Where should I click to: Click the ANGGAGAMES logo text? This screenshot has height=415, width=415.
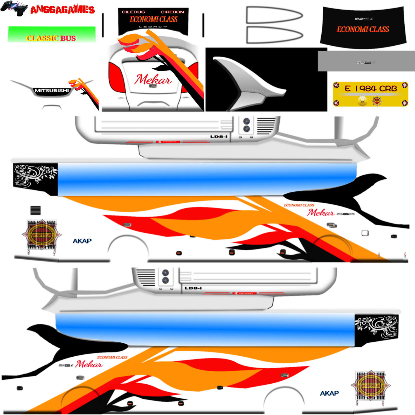63,10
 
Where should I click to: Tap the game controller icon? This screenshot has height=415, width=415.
14,8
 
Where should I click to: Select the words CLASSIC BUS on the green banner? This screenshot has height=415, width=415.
51,38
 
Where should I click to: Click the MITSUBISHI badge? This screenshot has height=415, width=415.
52,91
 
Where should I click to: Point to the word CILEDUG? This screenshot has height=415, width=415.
133,12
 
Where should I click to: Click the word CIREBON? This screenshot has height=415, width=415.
172,12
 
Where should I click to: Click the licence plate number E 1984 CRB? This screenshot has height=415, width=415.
371,89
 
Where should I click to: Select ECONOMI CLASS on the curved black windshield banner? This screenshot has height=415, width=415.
363,29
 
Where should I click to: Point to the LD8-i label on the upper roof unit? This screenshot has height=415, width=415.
219,137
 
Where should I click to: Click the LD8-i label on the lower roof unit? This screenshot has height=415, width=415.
193,288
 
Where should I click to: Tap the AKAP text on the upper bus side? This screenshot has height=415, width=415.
82,241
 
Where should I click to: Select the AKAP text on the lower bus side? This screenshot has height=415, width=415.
329,393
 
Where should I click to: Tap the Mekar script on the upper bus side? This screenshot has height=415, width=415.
321,213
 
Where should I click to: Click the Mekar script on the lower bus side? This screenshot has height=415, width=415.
89,364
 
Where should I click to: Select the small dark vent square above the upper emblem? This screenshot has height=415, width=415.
36,210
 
